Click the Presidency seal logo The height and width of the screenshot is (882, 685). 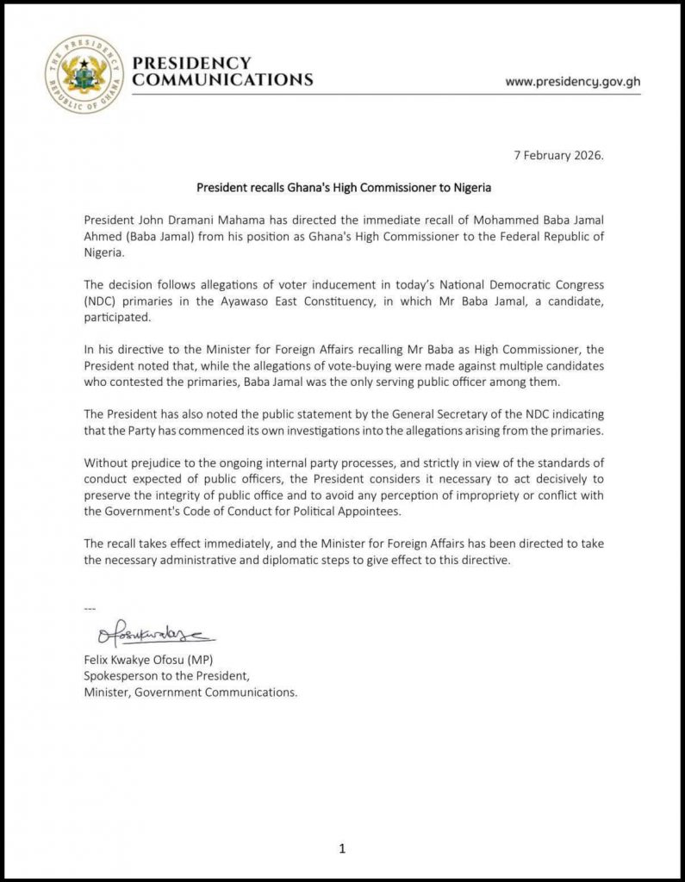84,74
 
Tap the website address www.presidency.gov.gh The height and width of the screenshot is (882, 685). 572,83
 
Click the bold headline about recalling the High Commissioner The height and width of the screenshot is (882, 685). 343,186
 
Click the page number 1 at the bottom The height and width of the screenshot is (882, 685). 342,848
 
